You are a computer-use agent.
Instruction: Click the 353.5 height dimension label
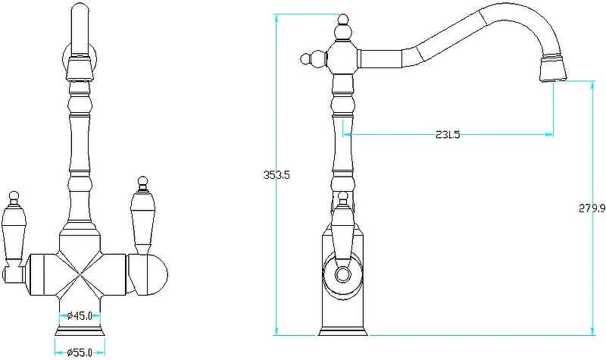pyautogui.click(x=276, y=175)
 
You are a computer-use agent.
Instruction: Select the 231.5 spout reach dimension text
pyautogui.click(x=448, y=135)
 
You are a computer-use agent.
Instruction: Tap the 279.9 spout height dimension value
pyautogui.click(x=592, y=208)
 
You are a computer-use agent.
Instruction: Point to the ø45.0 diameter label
pyautogui.click(x=80, y=316)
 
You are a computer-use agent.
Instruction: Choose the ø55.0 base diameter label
pyautogui.click(x=80, y=352)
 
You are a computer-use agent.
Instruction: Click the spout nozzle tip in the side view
pyautogui.click(x=554, y=69)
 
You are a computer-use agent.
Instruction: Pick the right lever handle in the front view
pyautogui.click(x=143, y=216)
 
